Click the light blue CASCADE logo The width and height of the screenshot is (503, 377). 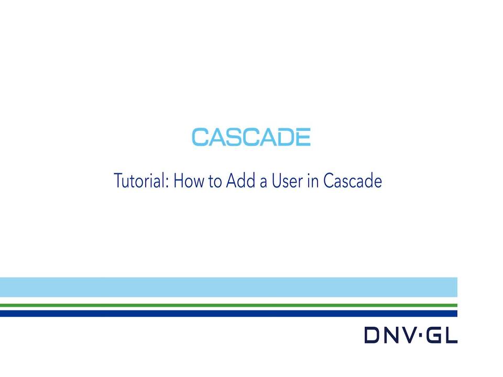pyautogui.click(x=251, y=137)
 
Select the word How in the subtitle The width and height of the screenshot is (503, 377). pyautogui.click(x=189, y=181)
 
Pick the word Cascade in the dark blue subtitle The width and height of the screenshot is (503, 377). pyautogui.click(x=353, y=181)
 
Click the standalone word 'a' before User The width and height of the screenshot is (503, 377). pyautogui.click(x=264, y=183)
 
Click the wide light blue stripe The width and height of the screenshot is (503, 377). pyautogui.click(x=228, y=287)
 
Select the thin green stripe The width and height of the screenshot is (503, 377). pyautogui.click(x=228, y=305)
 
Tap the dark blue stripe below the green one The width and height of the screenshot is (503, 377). pyautogui.click(x=228, y=314)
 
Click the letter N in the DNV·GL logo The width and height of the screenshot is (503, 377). pyautogui.click(x=390, y=335)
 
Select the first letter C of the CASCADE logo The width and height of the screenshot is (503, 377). pyautogui.click(x=200, y=137)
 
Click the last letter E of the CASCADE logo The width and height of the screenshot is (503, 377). pyautogui.click(x=302, y=137)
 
